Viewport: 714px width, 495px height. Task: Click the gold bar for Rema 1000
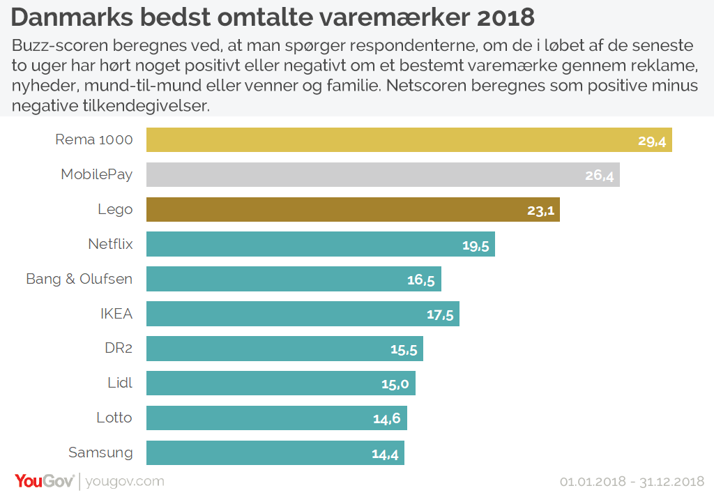coord(409,140)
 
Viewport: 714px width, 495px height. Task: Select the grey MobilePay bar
coord(383,174)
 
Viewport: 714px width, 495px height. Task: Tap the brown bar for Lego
coord(353,209)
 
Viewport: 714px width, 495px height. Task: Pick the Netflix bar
coord(321,244)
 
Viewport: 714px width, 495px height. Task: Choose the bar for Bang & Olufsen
coord(294,279)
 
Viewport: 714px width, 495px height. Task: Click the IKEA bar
coord(303,314)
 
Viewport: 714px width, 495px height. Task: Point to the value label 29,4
coord(652,142)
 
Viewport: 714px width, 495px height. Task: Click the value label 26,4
coord(599,176)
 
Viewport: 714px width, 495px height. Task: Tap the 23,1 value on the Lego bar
coord(540,211)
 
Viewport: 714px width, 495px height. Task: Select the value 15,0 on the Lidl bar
coord(395,384)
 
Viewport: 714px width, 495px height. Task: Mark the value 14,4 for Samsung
coord(385,455)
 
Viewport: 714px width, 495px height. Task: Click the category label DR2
coord(119,348)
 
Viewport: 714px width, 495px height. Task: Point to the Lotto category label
coord(114,418)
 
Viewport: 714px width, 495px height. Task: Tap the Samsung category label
coord(100,452)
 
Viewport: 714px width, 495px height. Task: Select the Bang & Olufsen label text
coord(79,279)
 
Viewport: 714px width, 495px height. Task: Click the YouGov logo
coord(44,481)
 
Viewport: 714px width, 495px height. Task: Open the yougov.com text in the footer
coord(125,482)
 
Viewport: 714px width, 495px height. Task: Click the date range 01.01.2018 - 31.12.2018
coord(632,482)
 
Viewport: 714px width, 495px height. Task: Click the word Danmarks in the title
coord(72,17)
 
